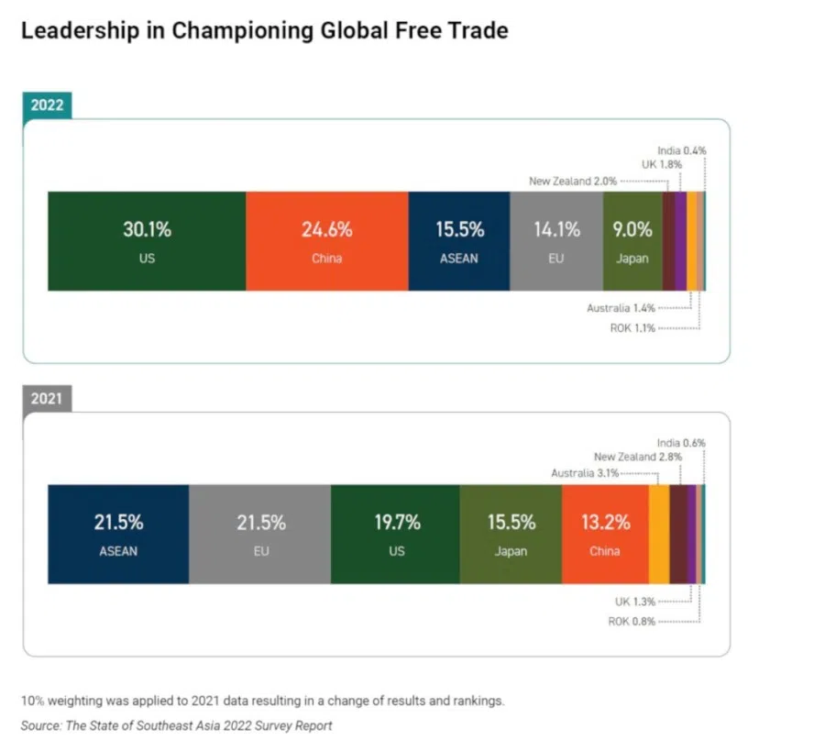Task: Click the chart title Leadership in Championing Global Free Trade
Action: (x=264, y=30)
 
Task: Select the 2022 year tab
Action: (x=47, y=105)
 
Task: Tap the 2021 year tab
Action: (x=47, y=398)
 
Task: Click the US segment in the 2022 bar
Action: (x=147, y=241)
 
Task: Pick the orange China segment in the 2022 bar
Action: (x=326, y=241)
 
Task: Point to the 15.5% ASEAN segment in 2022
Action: (x=458, y=241)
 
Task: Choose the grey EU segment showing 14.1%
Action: (x=556, y=241)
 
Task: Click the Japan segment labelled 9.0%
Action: (x=632, y=241)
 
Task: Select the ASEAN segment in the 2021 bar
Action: (x=118, y=534)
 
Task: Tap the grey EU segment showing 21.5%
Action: (x=260, y=534)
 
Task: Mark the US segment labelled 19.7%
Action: (x=396, y=534)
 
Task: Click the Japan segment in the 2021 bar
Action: (x=511, y=534)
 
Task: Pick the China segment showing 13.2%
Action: (x=605, y=534)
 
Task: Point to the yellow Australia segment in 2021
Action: (x=659, y=534)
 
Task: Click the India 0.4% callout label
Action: (x=681, y=150)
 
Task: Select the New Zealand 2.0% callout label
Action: (x=573, y=182)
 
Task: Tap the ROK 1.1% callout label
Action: (x=632, y=327)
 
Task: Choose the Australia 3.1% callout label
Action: (x=585, y=473)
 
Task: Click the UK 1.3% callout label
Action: (x=634, y=602)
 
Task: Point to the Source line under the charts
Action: (x=177, y=725)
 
